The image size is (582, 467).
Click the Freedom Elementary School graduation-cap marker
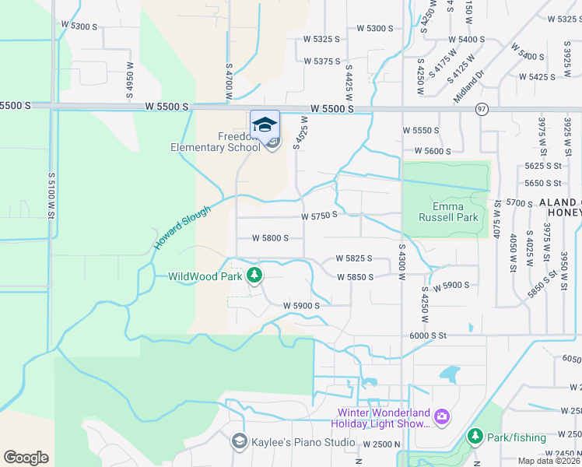pyautogui.click(x=265, y=125)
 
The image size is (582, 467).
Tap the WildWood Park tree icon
pyautogui.click(x=254, y=276)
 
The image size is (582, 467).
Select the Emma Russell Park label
pyautogui.click(x=444, y=212)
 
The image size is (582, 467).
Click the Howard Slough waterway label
pyautogui.click(x=181, y=227)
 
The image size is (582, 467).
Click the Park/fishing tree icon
pyautogui.click(x=475, y=437)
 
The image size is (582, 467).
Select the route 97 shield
pyautogui.click(x=482, y=110)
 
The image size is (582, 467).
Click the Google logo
pyautogui.click(x=26, y=458)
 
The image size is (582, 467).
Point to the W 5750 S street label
pyautogui.click(x=320, y=215)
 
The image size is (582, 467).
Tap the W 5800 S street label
pyautogui.click(x=270, y=238)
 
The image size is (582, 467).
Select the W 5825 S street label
pyautogui.click(x=354, y=258)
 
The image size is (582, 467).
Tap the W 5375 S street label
pyautogui.click(x=323, y=61)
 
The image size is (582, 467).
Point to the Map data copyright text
pyautogui.click(x=549, y=461)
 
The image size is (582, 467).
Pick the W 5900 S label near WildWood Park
pyautogui.click(x=301, y=306)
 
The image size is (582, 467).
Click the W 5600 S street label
pyautogui.click(x=433, y=151)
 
